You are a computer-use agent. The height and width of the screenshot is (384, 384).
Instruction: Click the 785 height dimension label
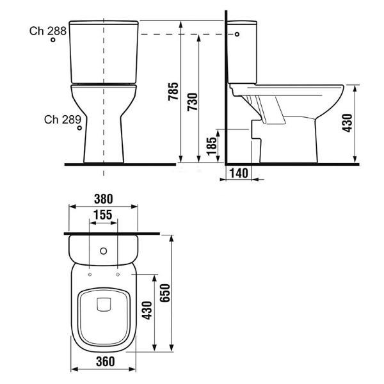tap(173, 92)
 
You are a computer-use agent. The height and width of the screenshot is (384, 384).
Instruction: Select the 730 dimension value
tap(193, 102)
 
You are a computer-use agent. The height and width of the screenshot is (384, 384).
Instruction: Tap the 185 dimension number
tap(212, 146)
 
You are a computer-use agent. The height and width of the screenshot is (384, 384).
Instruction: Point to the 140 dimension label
tap(239, 173)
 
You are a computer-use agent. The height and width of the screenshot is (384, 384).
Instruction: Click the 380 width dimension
tap(103, 199)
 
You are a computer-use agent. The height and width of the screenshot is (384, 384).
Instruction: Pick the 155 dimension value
tap(103, 215)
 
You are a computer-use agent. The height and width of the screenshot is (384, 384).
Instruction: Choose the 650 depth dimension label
tap(164, 293)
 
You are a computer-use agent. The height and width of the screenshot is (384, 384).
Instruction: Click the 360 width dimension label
tap(106, 362)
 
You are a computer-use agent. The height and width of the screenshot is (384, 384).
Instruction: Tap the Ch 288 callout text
tap(48, 31)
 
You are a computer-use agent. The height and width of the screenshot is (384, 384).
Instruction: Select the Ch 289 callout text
tap(63, 120)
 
